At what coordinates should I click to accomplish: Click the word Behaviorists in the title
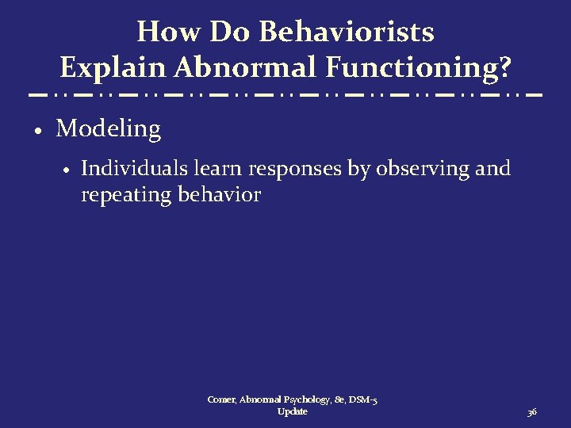click(x=347, y=32)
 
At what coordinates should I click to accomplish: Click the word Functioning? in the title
click(x=418, y=69)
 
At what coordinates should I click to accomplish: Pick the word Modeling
click(x=109, y=129)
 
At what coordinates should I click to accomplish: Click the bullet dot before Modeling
click(x=37, y=130)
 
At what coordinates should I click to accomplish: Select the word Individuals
click(x=123, y=169)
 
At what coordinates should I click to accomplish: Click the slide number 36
click(x=532, y=412)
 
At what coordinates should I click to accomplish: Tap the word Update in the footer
click(x=293, y=412)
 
